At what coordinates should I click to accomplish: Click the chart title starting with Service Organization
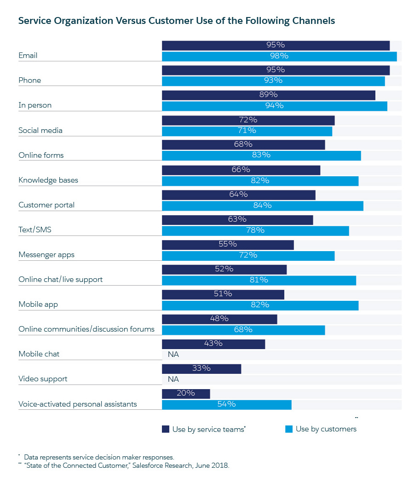pyautogui.click(x=176, y=21)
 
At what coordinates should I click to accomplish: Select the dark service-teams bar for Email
pyautogui.click(x=276, y=45)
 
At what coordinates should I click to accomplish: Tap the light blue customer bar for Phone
pyautogui.click(x=273, y=80)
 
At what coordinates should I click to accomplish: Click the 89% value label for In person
pyautogui.click(x=268, y=95)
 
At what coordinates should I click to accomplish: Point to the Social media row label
pyautogui.click(x=40, y=131)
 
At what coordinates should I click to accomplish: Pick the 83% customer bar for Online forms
pyautogui.click(x=261, y=155)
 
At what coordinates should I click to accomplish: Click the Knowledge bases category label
pyautogui.click(x=48, y=180)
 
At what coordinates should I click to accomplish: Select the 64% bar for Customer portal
pyautogui.click(x=238, y=195)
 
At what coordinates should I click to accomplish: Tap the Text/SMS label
pyautogui.click(x=35, y=230)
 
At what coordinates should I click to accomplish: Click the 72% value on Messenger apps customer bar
pyautogui.click(x=248, y=255)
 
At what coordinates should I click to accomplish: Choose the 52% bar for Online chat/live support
pyautogui.click(x=224, y=269)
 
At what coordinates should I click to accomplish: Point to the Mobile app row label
pyautogui.click(x=38, y=304)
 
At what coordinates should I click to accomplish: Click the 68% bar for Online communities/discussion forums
pyautogui.click(x=243, y=330)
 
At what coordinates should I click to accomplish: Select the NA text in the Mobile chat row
pyautogui.click(x=173, y=355)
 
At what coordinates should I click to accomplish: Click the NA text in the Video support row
pyautogui.click(x=173, y=379)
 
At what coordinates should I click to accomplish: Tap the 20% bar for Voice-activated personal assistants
pyautogui.click(x=186, y=394)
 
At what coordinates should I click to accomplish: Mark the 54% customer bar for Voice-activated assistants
pyautogui.click(x=226, y=404)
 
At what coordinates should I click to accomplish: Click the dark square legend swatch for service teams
pyautogui.click(x=166, y=429)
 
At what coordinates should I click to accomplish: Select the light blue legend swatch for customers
pyautogui.click(x=289, y=429)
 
